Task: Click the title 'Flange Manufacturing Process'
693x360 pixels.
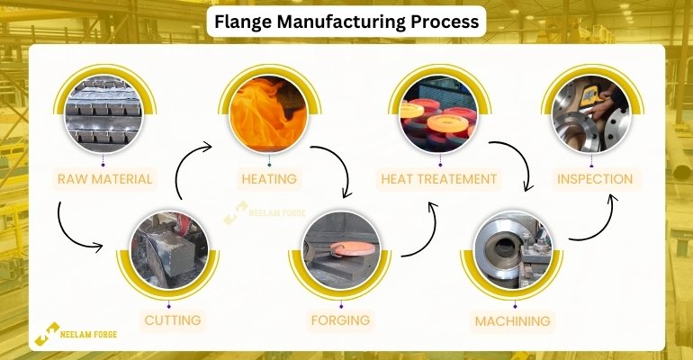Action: [346, 21]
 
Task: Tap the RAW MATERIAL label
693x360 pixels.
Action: [104, 179]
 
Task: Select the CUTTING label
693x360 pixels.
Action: [173, 319]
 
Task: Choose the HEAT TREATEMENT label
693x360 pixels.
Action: [439, 179]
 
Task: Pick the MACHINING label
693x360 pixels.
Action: [514, 319]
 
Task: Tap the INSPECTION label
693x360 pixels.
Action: [594, 179]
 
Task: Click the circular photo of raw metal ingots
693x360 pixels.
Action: [103, 114]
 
